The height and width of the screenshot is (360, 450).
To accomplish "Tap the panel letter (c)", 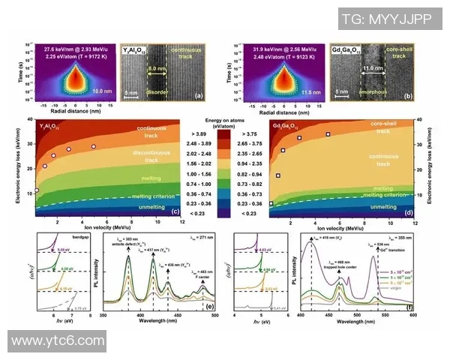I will pos(175,212).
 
